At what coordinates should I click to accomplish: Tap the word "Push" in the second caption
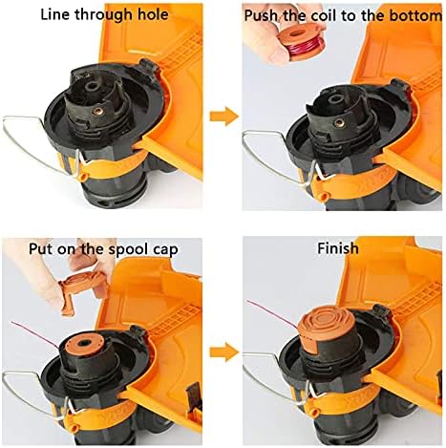point(261,15)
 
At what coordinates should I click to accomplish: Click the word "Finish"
point(338,248)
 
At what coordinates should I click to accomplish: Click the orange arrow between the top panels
point(224,117)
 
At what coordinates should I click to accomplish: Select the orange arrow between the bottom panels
point(224,352)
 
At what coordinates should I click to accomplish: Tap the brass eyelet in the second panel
point(339,122)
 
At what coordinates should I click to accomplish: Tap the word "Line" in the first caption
point(55,14)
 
